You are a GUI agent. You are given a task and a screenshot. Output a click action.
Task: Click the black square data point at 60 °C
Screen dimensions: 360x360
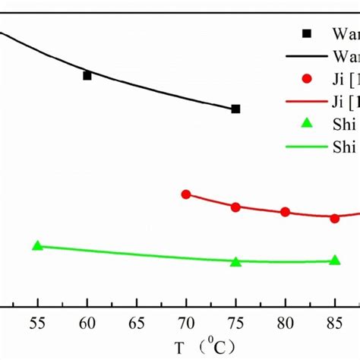87,75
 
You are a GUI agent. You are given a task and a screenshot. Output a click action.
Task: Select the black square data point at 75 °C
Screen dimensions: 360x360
235,109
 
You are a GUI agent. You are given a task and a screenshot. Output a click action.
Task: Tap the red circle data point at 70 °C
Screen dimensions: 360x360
186,194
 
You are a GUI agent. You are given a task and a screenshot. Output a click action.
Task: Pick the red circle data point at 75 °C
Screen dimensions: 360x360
235,207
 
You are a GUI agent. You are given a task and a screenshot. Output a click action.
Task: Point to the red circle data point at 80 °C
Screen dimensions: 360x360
285,212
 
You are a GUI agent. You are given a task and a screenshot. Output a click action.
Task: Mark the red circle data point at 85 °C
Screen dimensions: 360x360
334,218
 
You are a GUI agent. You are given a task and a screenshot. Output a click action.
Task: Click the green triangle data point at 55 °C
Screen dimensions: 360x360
37,245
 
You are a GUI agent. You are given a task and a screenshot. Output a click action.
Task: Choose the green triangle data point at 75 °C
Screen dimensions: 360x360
235,261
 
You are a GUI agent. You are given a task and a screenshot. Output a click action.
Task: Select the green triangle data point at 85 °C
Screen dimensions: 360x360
334,261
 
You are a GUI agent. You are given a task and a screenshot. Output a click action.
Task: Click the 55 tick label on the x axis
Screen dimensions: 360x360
37,322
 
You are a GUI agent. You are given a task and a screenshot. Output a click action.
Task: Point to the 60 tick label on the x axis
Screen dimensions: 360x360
87,322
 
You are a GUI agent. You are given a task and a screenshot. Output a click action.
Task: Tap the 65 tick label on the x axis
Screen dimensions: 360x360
137,322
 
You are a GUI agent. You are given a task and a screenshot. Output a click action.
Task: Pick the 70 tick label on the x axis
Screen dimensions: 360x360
186,322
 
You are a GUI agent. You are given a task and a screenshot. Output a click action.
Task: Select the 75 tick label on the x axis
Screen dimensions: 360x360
235,322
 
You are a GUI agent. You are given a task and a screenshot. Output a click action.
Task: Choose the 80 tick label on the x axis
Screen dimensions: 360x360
285,322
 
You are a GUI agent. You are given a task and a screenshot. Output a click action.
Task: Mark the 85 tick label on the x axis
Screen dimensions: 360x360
334,322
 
